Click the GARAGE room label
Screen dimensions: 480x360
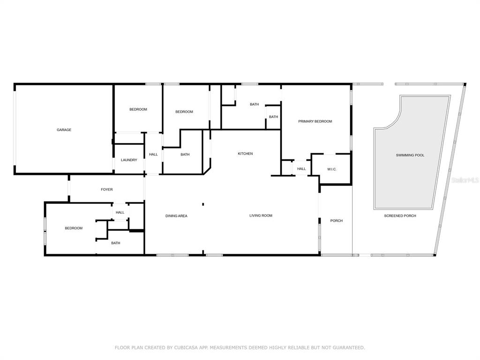coord(64,130)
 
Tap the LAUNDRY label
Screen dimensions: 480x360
coord(129,160)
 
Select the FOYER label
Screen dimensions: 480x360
coord(107,189)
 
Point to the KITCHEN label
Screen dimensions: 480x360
coord(245,154)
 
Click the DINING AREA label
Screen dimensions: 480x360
coord(176,216)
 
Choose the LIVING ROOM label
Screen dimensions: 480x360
coord(261,216)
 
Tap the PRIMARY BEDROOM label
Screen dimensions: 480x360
coord(315,121)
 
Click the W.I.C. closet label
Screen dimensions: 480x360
coord(332,169)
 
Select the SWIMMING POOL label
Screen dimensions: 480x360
coord(410,155)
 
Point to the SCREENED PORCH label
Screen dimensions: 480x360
coord(400,216)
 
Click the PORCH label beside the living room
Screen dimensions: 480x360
coord(337,221)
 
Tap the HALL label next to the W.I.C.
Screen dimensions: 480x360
coord(301,169)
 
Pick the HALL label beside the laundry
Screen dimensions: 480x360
coord(153,154)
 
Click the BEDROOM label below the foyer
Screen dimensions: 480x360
coord(74,228)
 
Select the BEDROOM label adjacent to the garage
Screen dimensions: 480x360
coord(138,109)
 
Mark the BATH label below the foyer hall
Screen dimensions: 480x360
coord(116,243)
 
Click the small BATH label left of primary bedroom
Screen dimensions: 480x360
coord(273,117)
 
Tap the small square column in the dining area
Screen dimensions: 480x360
coord(203,204)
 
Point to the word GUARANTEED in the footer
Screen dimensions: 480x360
coord(347,347)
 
